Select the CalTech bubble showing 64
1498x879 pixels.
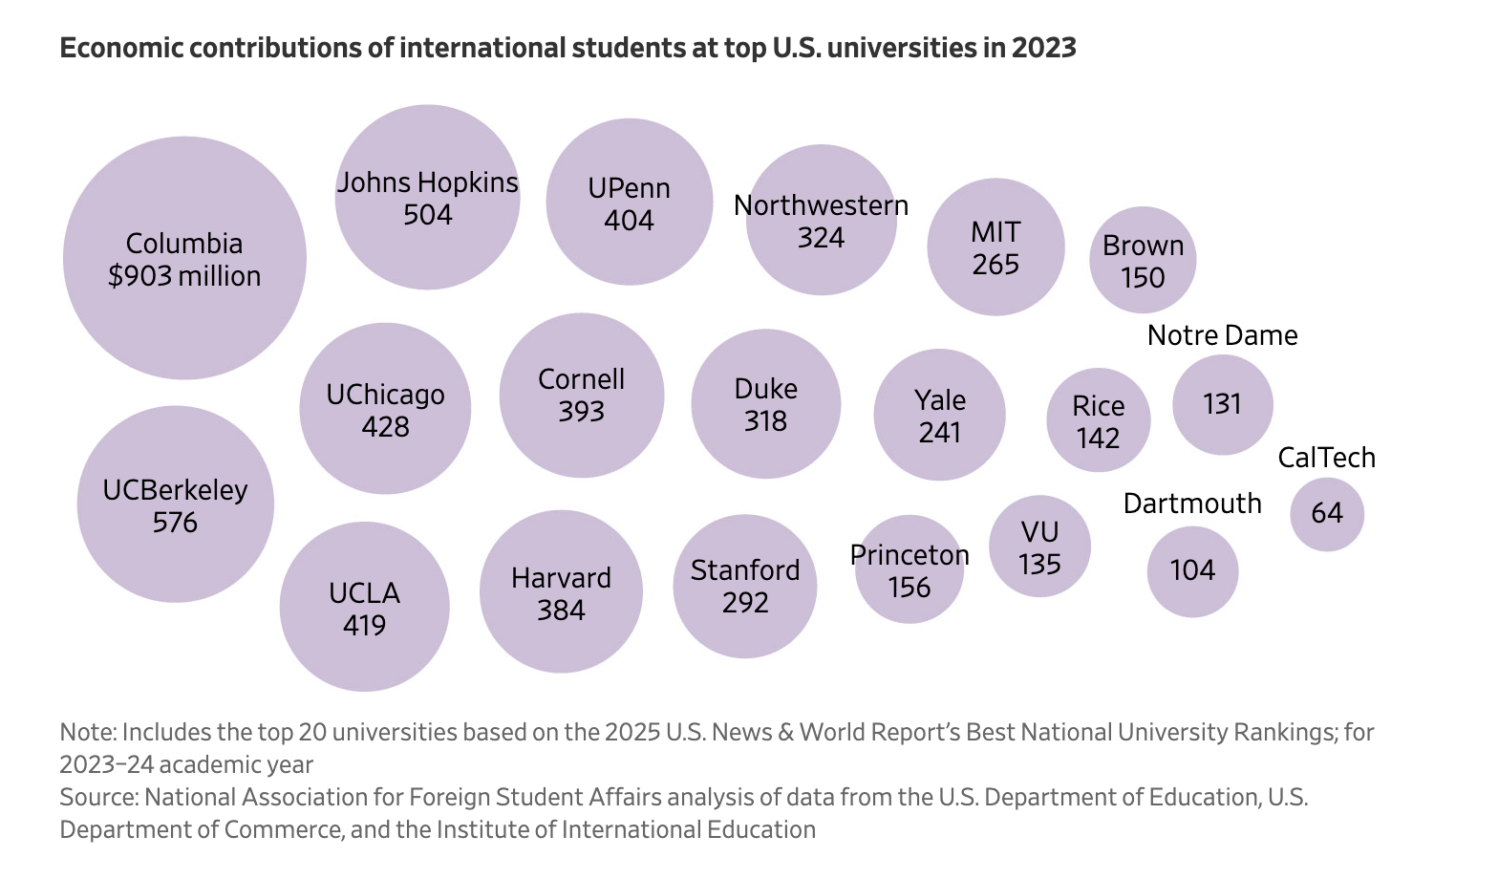coord(1327,514)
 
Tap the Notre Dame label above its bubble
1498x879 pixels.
coord(1222,335)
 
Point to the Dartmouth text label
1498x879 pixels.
coord(1191,504)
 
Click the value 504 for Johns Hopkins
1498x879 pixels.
coord(427,215)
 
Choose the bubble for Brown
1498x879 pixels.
coord(1143,260)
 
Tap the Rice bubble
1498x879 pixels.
coord(1098,420)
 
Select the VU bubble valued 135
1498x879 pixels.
coord(1039,547)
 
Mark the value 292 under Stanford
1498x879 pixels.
coord(745,603)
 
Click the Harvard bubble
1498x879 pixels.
coord(561,592)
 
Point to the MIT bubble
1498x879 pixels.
coord(995,247)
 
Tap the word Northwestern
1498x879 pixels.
coord(821,205)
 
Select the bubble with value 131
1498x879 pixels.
coord(1222,404)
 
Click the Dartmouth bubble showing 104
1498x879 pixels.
coord(1192,571)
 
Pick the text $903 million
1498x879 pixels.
coord(184,276)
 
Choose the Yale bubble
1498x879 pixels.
coord(939,415)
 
